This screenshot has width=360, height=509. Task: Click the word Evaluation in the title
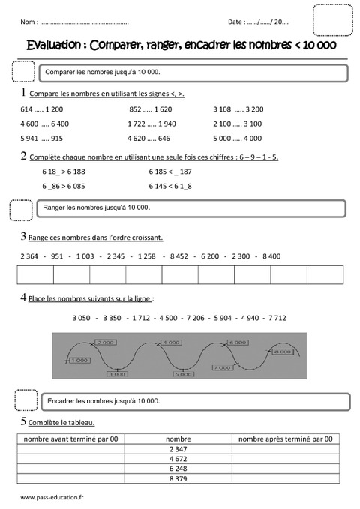[55, 44]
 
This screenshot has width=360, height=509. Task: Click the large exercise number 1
[25, 93]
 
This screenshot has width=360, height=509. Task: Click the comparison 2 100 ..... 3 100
[237, 124]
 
